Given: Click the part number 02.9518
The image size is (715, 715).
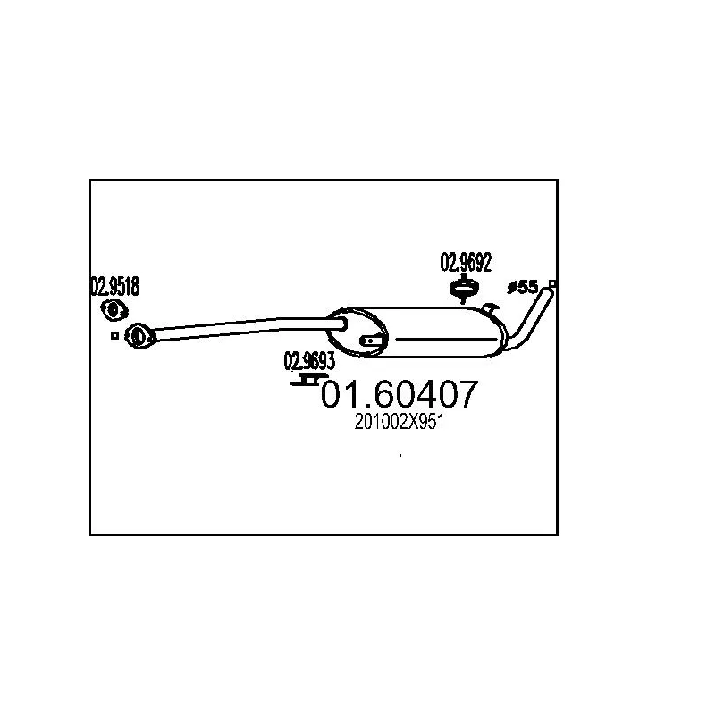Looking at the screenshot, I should (x=114, y=287).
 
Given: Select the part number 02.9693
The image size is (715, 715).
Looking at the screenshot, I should (x=309, y=362).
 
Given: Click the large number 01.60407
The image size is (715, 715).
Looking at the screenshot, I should (x=400, y=394).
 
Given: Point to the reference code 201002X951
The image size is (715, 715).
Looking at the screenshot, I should (x=400, y=425).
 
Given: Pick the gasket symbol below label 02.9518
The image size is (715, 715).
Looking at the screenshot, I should (x=113, y=309).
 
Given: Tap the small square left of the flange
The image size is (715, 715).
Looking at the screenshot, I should (x=114, y=336).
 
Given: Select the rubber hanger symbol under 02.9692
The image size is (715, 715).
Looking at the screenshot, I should (x=463, y=288).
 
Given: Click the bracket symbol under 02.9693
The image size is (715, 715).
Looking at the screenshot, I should (x=306, y=382).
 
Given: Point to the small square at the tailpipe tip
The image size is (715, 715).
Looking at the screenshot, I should (x=553, y=284).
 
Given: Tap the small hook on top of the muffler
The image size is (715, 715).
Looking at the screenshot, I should (x=488, y=308).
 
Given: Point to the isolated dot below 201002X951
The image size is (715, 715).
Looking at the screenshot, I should (x=400, y=457).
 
